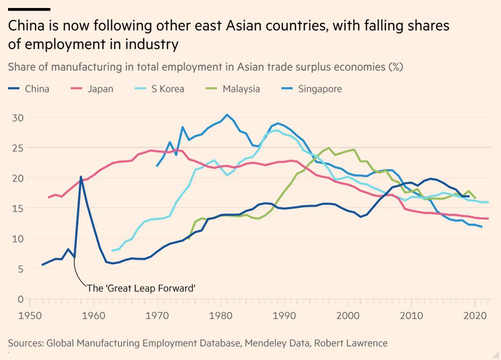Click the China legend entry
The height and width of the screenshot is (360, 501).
[30, 89]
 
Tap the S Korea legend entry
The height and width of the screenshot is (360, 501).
[161, 89]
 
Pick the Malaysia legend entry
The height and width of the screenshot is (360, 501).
[235, 89]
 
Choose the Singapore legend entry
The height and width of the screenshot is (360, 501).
[313, 89]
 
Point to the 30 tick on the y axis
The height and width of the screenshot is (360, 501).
[18, 118]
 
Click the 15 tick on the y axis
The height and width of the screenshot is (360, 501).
[18, 209]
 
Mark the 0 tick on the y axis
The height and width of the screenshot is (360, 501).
[21, 299]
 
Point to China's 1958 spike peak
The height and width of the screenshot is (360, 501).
[81, 176]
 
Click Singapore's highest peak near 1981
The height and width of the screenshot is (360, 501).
[227, 115]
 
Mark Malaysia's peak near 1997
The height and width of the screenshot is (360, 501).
[329, 148]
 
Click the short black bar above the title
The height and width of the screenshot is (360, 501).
[29, 9]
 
